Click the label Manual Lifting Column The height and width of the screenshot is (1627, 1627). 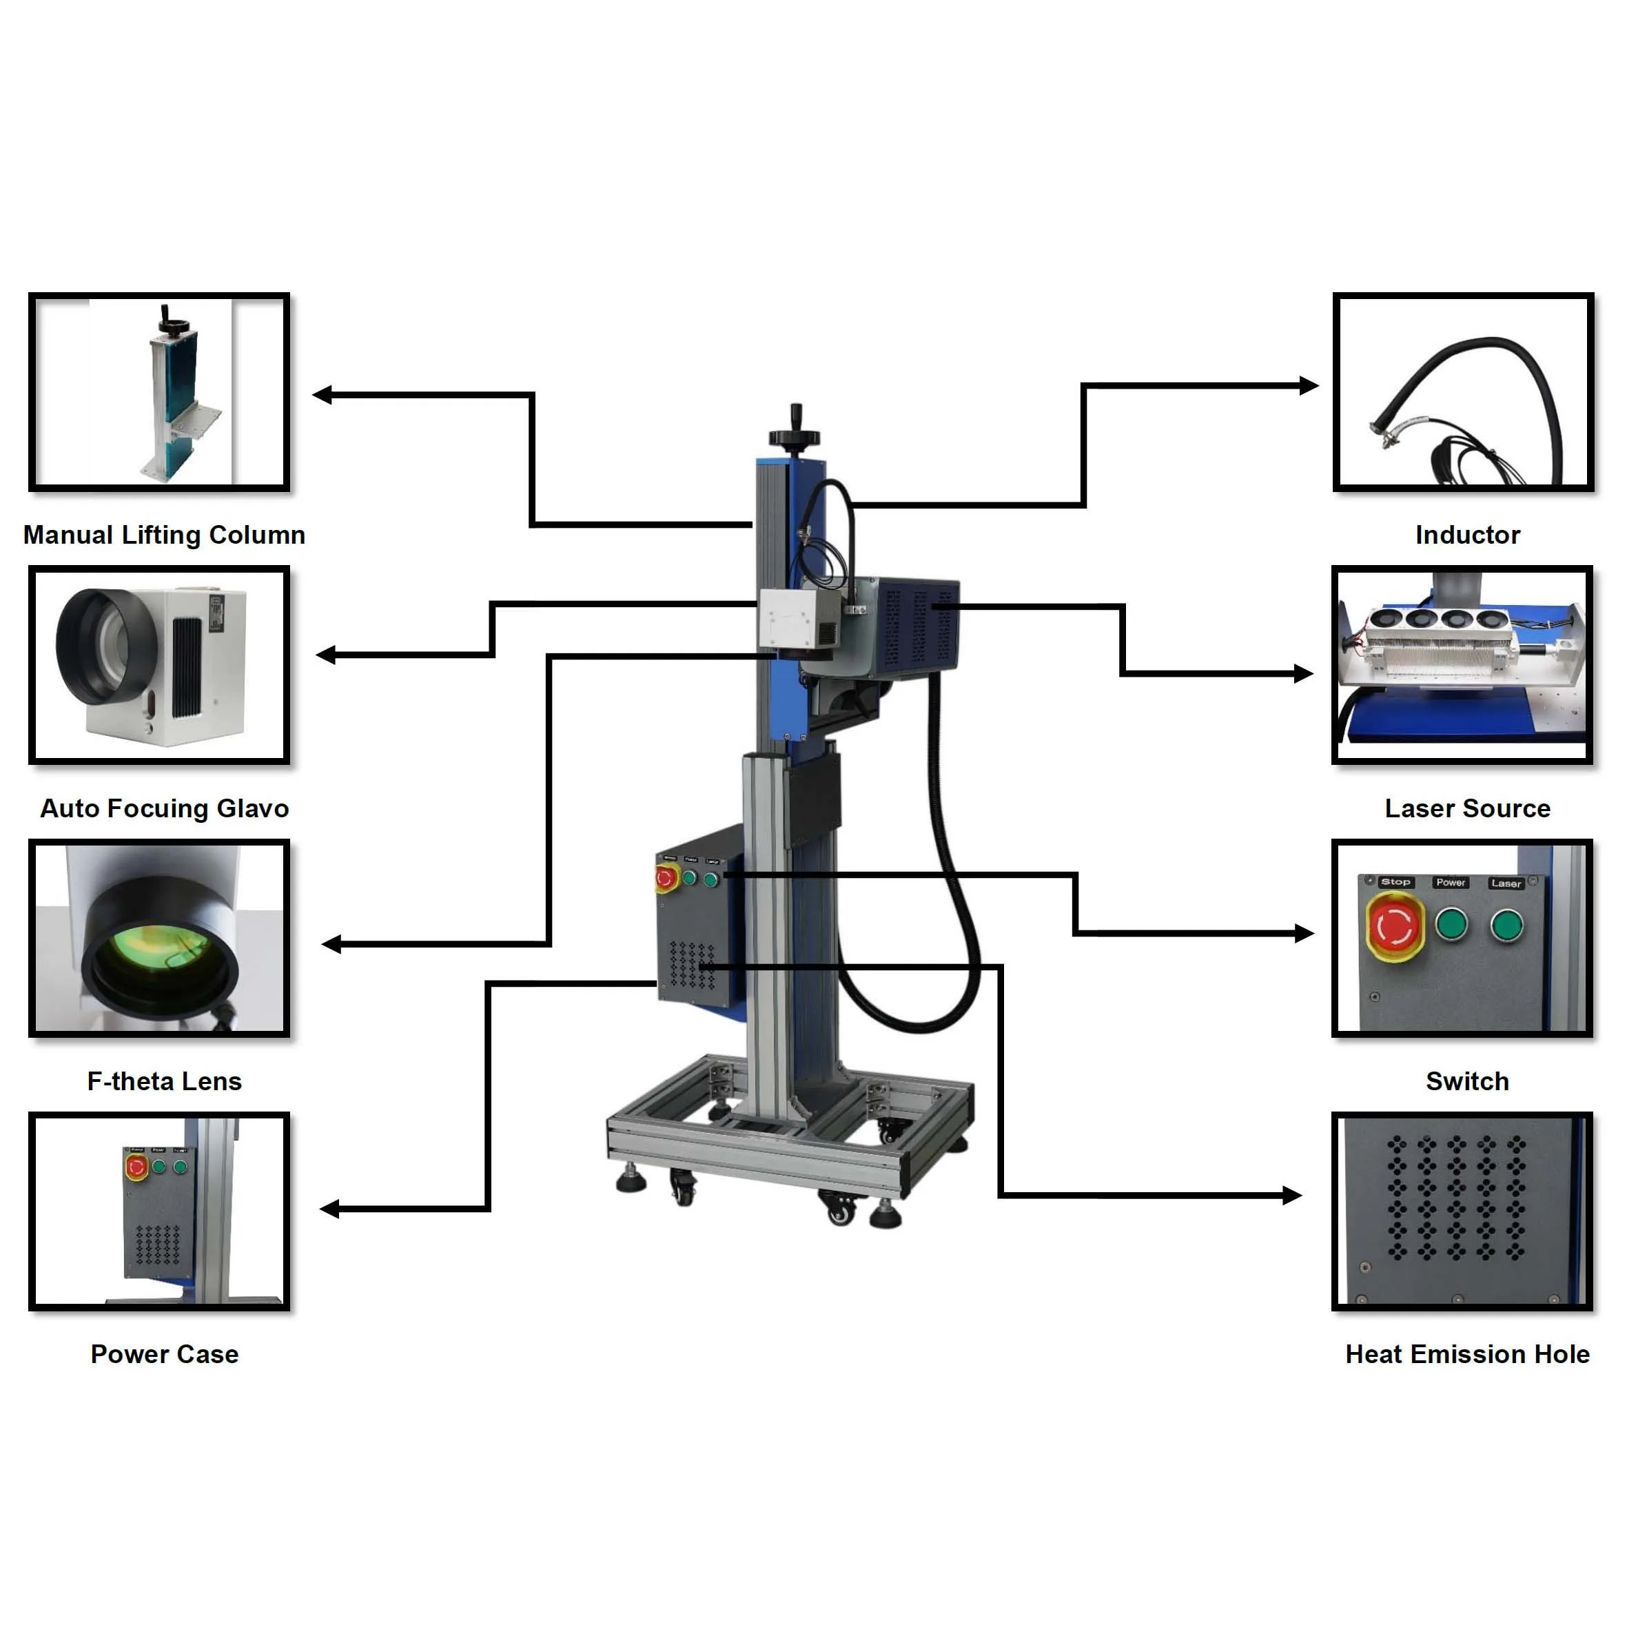pyautogui.click(x=164, y=535)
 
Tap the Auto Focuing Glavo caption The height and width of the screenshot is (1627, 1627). pyautogui.click(x=164, y=808)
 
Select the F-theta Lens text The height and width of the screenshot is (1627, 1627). pyautogui.click(x=164, y=1081)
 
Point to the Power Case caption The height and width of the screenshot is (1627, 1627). pyautogui.click(x=164, y=1354)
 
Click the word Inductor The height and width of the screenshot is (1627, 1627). pyautogui.click(x=1467, y=535)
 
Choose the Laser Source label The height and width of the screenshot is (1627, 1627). pyautogui.click(x=1467, y=808)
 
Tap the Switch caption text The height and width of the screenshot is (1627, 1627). pyautogui.click(x=1467, y=1081)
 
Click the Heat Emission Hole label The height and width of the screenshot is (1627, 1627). pyautogui.click(x=1467, y=1354)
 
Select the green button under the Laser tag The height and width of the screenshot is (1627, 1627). pyautogui.click(x=1506, y=925)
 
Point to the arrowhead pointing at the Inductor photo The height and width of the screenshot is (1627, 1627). pyautogui.click(x=1309, y=386)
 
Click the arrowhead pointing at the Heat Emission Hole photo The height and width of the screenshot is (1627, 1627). pyautogui.click(x=1293, y=1195)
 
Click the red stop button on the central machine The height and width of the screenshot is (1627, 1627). pyautogui.click(x=665, y=879)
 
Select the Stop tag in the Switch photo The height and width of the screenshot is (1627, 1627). pyautogui.click(x=1395, y=881)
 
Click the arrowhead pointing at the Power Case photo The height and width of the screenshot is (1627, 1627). pyautogui.click(x=329, y=1209)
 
